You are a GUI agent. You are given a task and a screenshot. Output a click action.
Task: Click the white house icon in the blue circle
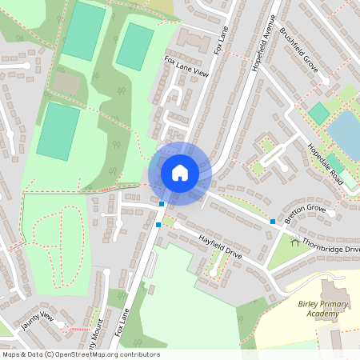click(180, 172)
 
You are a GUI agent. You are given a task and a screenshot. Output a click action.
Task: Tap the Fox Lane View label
click(186, 67)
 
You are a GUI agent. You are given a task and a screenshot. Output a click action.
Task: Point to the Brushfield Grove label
click(299, 50)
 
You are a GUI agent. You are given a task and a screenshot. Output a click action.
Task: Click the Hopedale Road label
click(326, 165)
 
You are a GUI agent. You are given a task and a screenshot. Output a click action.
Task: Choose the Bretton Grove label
click(305, 210)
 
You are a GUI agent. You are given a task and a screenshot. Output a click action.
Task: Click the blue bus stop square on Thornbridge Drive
click(273, 221)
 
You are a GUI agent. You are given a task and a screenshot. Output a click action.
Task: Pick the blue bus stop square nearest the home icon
click(162, 205)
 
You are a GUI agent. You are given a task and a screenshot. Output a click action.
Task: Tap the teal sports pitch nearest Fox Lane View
click(134, 46)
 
